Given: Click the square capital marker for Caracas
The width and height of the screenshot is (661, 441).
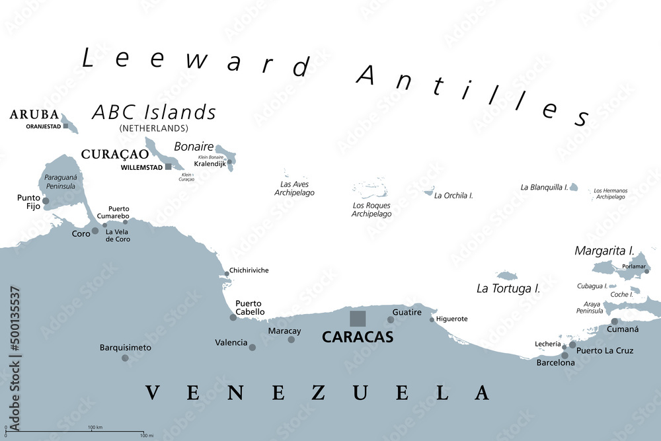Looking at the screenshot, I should tap(358, 318).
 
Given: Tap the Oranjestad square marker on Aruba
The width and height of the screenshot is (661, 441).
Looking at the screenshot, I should tap(65, 126).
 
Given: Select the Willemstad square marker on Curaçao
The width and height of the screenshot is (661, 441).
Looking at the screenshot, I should tap(169, 167).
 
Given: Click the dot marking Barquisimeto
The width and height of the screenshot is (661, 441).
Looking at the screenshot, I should tap(125, 358).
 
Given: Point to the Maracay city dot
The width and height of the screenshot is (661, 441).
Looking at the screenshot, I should tap(292, 339).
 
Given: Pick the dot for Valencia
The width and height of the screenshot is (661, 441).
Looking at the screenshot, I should tap(253, 346).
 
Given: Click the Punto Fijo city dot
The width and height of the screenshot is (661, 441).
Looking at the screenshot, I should tap(46, 200).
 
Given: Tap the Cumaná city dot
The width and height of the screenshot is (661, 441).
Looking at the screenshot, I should tap(614, 321).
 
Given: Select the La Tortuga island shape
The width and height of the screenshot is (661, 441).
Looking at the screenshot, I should tap(506, 275).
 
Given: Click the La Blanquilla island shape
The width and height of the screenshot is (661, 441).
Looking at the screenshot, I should tap(573, 188).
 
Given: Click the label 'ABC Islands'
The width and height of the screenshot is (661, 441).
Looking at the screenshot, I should tap(154, 112).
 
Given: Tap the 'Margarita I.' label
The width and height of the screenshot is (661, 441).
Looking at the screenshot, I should tap(604, 251).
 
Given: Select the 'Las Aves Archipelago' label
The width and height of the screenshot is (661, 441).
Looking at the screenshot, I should tap(294, 188).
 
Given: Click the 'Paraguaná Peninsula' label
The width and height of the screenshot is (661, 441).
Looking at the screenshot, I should tap(59, 182).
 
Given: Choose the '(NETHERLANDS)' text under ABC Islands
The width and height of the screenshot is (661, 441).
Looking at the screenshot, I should tap(153, 128).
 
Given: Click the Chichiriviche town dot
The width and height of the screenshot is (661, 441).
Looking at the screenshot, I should tap(225, 272).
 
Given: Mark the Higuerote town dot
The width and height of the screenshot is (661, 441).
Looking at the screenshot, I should tap(432, 319).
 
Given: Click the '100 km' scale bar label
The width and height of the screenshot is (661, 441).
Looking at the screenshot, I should tap(95, 427).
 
